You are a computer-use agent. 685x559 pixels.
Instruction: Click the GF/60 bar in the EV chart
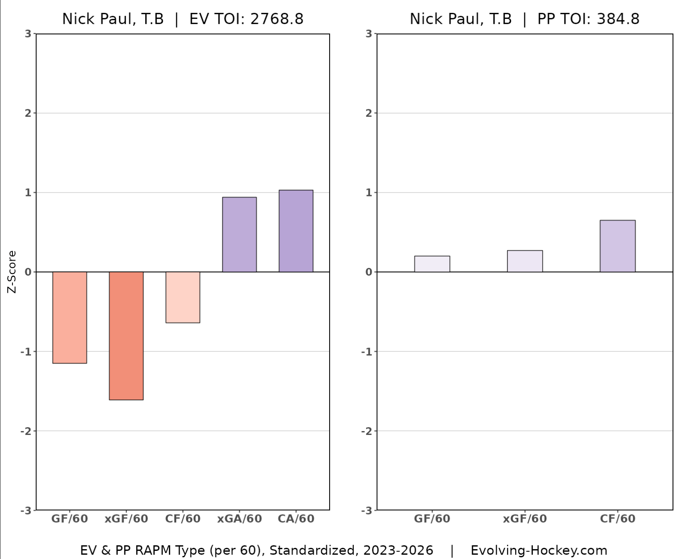click(x=69, y=317)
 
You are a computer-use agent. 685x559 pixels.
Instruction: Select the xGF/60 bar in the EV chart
click(x=126, y=335)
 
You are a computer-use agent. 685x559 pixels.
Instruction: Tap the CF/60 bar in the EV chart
click(x=183, y=297)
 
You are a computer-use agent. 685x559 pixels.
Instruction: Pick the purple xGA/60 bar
click(x=240, y=234)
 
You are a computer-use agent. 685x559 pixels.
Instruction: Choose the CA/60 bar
click(x=296, y=231)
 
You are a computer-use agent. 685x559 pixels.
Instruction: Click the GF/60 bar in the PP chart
click(x=432, y=264)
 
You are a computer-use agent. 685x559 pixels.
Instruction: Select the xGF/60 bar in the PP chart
click(x=525, y=261)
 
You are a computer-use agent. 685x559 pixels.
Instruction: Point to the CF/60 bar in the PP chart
click(x=617, y=246)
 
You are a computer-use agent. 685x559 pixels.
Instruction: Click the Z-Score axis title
click(x=12, y=272)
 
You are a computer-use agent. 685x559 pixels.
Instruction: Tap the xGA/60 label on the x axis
click(x=240, y=519)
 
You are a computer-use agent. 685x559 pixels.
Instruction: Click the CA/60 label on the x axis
click(x=296, y=519)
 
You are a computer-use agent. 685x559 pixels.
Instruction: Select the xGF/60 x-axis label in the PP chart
click(x=525, y=519)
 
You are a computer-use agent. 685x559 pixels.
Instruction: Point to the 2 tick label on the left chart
click(x=28, y=113)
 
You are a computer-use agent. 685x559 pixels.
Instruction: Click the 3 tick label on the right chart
click(x=369, y=34)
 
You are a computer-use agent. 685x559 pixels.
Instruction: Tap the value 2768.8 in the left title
click(x=277, y=19)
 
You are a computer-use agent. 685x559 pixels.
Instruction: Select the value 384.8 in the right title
click(x=618, y=19)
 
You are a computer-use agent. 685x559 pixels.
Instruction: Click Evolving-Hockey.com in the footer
click(x=539, y=550)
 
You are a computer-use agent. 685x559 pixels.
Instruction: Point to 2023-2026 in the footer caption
click(x=398, y=550)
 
